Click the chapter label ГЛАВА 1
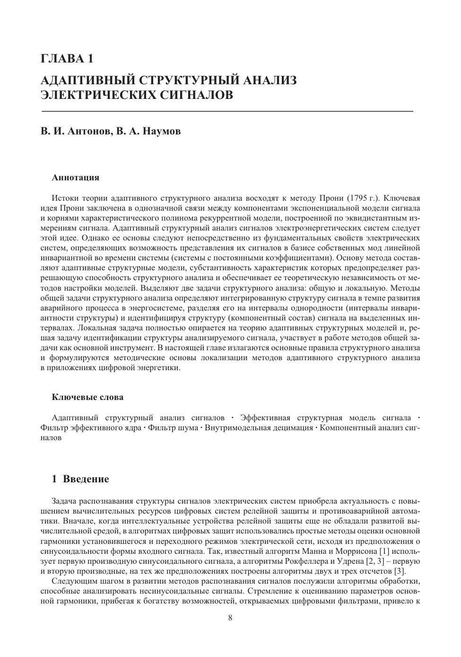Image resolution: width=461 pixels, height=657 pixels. point(67,59)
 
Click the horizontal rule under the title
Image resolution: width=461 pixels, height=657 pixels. point(227,111)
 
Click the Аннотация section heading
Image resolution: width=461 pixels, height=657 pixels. point(76,178)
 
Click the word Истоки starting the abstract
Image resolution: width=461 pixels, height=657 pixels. point(65,198)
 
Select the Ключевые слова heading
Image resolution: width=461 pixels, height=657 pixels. point(87,397)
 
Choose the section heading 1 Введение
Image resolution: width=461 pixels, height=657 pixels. point(80,479)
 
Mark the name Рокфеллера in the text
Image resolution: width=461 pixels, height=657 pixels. point(307,561)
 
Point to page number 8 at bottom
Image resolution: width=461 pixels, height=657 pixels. point(230,618)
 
